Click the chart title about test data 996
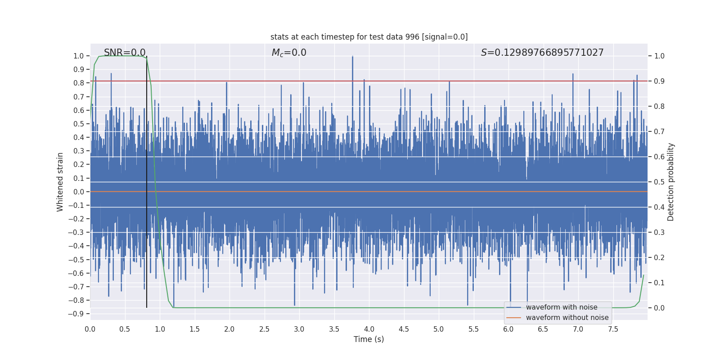[369, 37]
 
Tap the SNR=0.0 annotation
[125, 53]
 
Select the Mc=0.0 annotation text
[289, 53]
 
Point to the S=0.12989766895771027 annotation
[542, 53]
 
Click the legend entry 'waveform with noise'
[562, 307]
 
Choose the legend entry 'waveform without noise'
[567, 318]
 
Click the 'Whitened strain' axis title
[60, 182]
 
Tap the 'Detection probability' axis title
[671, 182]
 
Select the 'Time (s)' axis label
[369, 339]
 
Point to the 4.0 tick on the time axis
[369, 329]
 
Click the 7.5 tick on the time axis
[613, 329]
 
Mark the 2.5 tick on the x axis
[264, 329]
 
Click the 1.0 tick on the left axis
[78, 56]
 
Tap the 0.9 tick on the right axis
[659, 81]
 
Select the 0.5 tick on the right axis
[659, 182]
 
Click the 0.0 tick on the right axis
[659, 308]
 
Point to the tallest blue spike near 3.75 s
[352, 58]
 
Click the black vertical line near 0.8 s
[147, 180]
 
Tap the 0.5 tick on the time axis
[125, 329]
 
